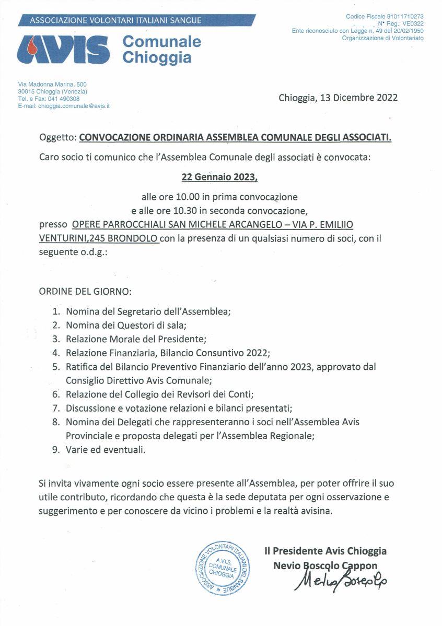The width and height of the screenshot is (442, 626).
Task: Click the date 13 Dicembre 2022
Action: (x=338, y=98)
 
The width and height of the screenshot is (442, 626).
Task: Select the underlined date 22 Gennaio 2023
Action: (x=219, y=177)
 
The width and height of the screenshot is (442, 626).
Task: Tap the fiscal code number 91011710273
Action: (x=404, y=17)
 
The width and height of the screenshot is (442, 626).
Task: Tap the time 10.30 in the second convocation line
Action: (x=189, y=211)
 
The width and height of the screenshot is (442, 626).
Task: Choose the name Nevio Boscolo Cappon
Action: (x=325, y=565)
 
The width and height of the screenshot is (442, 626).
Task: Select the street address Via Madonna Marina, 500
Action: (x=52, y=85)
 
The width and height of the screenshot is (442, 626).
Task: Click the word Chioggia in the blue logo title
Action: (x=157, y=57)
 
